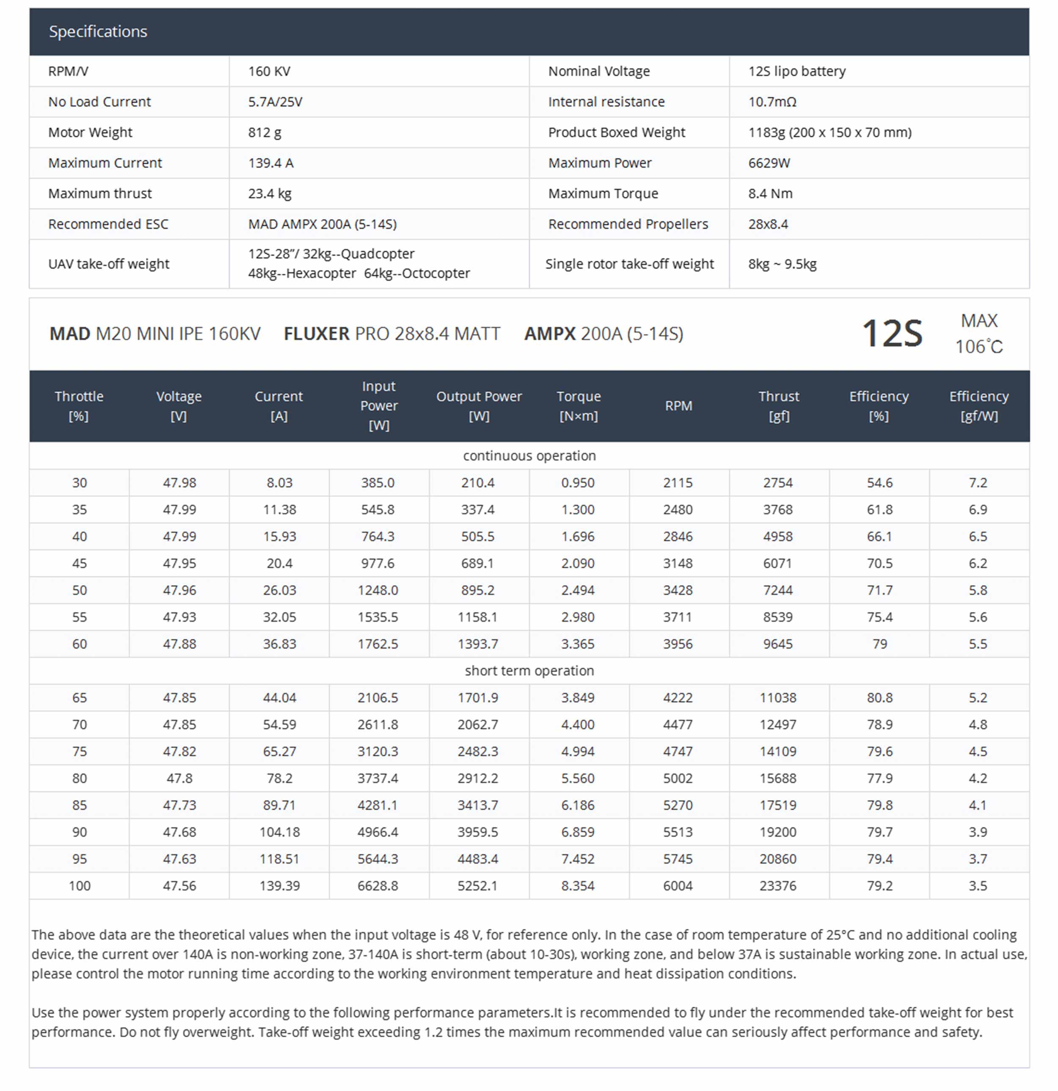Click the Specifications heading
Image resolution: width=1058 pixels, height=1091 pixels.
(x=98, y=32)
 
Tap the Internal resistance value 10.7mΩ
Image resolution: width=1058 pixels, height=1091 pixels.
(x=772, y=102)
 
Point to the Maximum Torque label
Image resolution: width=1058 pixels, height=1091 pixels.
(x=603, y=194)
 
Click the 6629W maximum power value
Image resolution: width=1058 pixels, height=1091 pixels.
(x=769, y=163)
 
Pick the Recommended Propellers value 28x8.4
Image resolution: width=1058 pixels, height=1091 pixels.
(x=768, y=224)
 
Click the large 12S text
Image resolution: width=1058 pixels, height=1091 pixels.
(x=892, y=334)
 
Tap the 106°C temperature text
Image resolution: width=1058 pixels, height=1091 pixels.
(x=978, y=347)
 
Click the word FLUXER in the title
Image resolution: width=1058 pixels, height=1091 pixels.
(x=316, y=334)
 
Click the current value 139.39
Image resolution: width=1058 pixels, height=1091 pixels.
(x=279, y=886)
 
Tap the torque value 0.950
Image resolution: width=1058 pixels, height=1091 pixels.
(x=578, y=483)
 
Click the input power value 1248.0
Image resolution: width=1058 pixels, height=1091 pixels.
(x=377, y=590)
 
